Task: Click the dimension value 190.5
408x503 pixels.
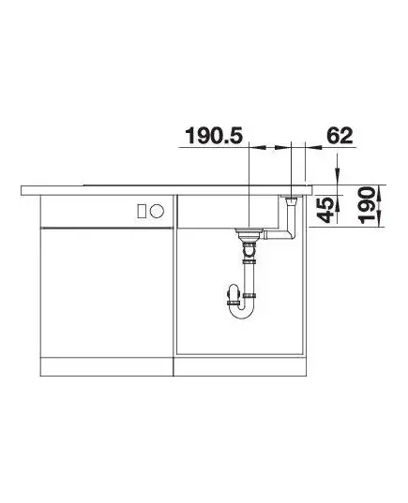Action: click(x=214, y=136)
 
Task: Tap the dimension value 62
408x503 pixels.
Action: click(x=340, y=136)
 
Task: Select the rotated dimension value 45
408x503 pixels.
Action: click(x=325, y=211)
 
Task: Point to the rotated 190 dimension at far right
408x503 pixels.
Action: click(x=367, y=206)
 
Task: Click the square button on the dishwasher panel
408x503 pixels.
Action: click(x=142, y=211)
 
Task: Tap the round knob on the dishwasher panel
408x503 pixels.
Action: click(x=157, y=211)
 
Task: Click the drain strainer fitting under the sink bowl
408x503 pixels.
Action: click(x=249, y=234)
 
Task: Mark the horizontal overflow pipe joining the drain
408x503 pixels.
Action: click(x=276, y=236)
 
